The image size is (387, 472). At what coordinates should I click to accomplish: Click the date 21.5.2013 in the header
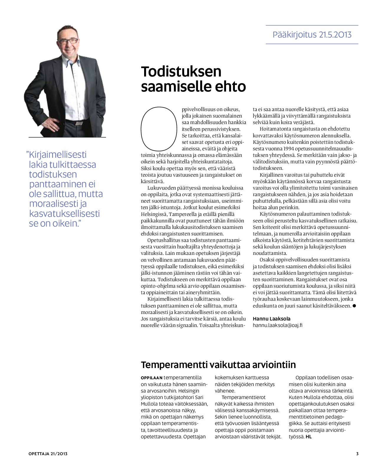coord(335,35)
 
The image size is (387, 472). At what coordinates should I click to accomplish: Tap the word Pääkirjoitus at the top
coord(294,35)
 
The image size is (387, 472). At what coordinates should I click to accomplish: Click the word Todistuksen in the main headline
coord(181,72)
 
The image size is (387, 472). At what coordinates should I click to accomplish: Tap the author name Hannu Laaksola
coord(271,319)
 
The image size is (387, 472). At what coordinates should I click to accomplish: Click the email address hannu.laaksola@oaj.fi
coord(278,325)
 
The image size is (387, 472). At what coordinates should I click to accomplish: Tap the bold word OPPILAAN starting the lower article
coord(151,378)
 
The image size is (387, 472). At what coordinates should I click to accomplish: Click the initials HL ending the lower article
coord(309,437)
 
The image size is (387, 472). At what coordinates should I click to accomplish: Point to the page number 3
coord(357,454)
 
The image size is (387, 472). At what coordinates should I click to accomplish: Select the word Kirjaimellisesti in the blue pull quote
coord(58,154)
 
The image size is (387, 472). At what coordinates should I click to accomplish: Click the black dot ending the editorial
coord(354,306)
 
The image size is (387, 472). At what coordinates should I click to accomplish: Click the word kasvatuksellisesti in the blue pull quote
coord(65,214)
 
